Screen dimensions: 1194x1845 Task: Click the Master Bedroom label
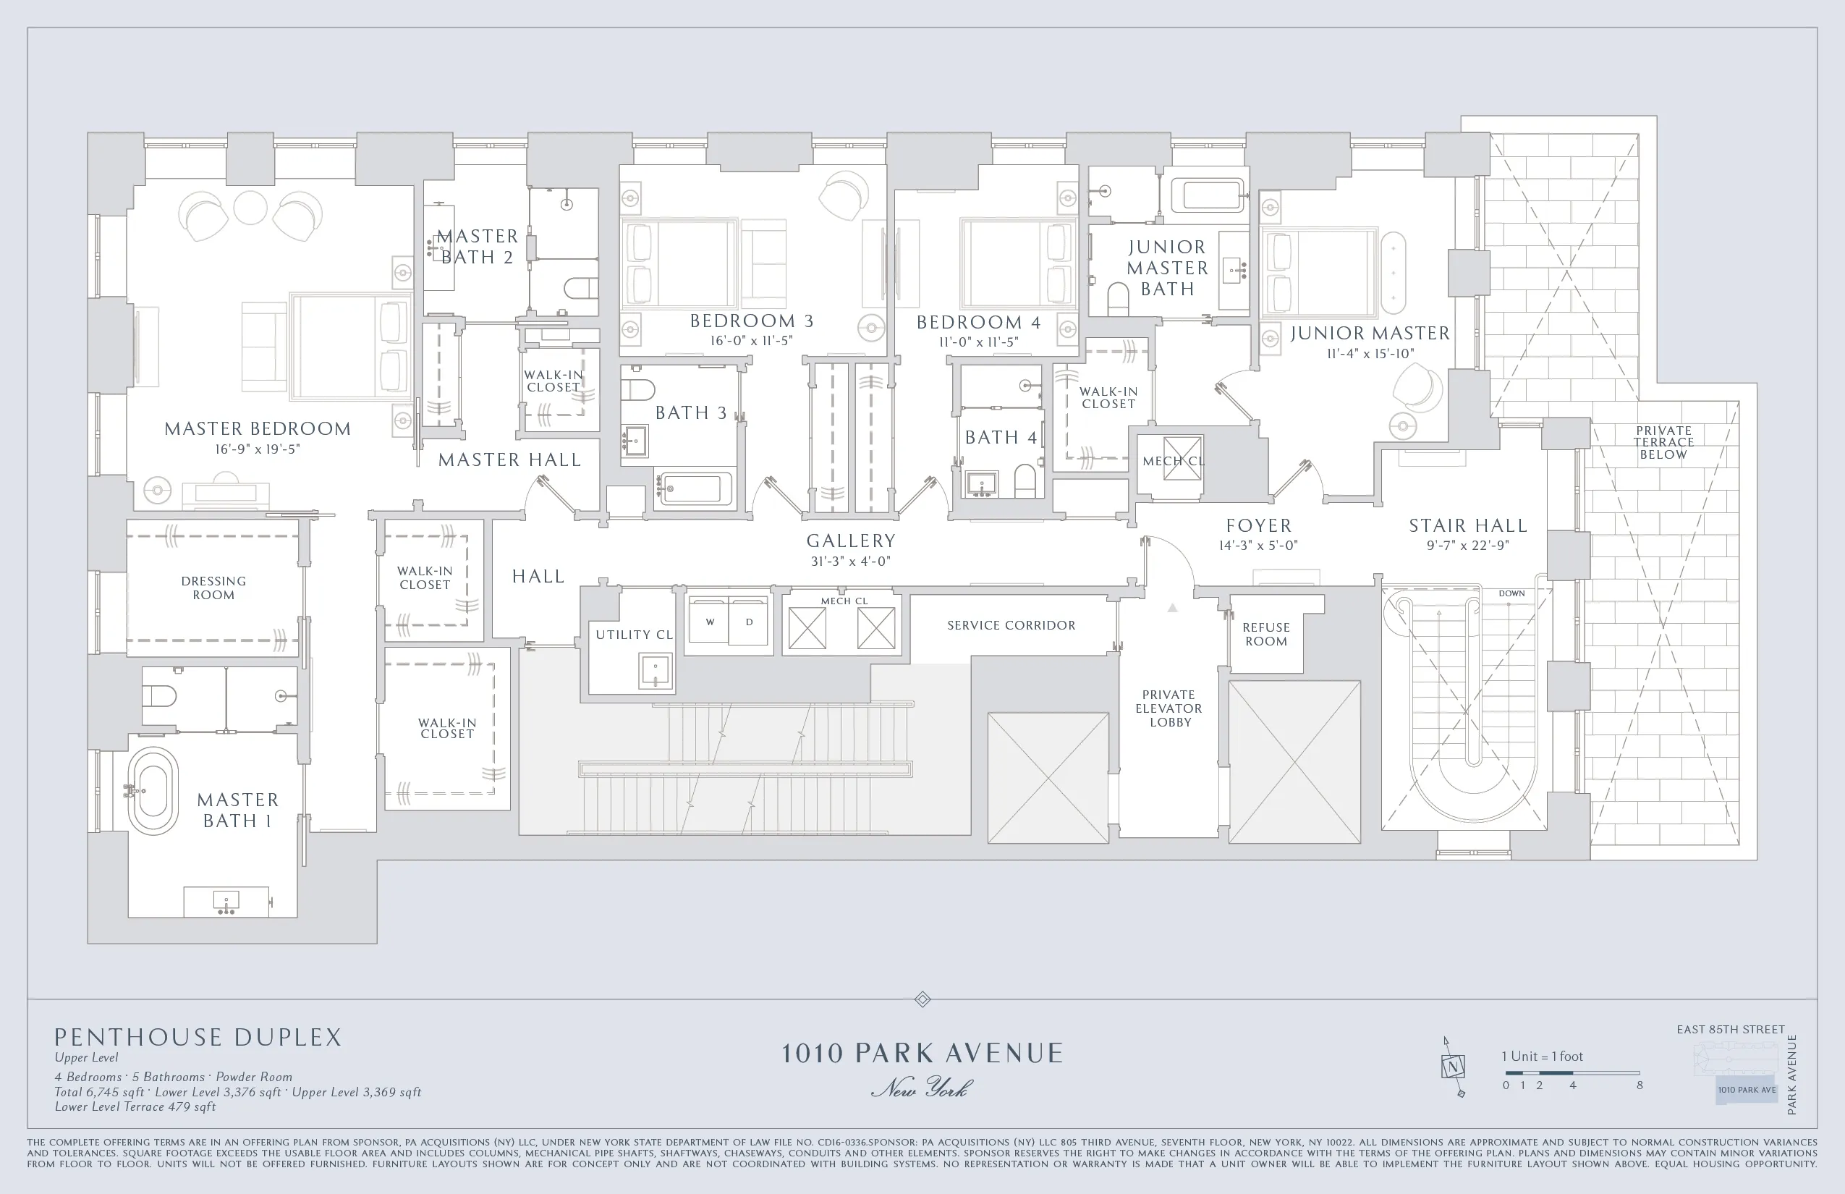coord(258,428)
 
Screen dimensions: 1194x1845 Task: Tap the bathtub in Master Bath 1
coord(153,791)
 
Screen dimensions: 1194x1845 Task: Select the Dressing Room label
coord(213,588)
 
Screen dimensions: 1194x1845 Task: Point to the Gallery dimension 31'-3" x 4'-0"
coord(850,561)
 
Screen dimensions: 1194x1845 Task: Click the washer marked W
coord(710,622)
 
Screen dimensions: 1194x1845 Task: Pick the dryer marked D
coord(750,622)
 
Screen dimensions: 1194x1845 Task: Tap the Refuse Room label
coord(1265,634)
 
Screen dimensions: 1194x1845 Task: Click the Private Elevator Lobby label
coord(1169,708)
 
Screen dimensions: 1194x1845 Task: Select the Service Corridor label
coord(1011,625)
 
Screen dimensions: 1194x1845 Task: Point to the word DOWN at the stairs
coord(1511,594)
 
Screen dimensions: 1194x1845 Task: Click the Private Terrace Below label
coord(1663,442)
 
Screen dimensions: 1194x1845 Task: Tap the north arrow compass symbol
coord(1453,1067)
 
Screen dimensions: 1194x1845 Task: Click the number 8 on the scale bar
coord(1640,1085)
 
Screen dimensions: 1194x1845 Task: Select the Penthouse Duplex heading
coord(198,1038)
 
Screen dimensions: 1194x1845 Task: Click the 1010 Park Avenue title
coord(922,1053)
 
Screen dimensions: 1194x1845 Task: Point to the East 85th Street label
coord(1730,1030)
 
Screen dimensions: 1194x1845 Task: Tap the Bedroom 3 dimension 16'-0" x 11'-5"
coord(751,340)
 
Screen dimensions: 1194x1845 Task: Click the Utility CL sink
coord(655,670)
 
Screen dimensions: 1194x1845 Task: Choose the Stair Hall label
coord(1467,525)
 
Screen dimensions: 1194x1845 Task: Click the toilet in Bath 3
coord(637,388)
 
